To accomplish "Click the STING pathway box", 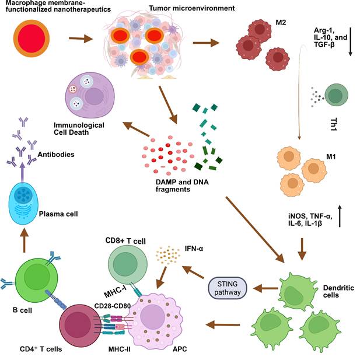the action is (228, 288).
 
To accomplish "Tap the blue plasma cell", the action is (23, 204).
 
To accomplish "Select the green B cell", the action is (36, 280).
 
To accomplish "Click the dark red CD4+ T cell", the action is (80, 324).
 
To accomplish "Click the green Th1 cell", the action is (336, 95).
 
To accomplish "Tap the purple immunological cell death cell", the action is (90, 95).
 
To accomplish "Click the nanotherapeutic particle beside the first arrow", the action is (32, 39).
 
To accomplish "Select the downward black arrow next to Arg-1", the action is (350, 41).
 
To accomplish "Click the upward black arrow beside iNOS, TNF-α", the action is (340, 216).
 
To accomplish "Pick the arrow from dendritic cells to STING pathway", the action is (265, 288).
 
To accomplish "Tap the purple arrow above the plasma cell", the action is (22, 172).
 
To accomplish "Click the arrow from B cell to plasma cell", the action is (25, 240).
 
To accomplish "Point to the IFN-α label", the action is (194, 249).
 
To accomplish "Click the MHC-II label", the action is (120, 349).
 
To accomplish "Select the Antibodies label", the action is (56, 154).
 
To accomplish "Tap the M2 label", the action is (281, 23).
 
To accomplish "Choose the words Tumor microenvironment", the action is (192, 8).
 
